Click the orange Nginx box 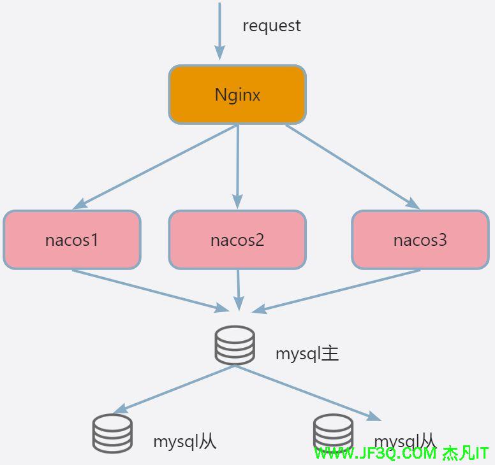coord(237,95)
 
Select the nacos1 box coord(71,240)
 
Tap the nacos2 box coord(237,240)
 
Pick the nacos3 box coord(420,240)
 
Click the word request coord(271,26)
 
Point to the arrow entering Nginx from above coord(219,32)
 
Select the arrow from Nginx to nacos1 coord(156,166)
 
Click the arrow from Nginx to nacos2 coord(237,166)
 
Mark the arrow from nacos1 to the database coord(150,290)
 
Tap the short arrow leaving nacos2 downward coord(239,290)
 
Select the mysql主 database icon coord(235,345)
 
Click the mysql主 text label coord(307,354)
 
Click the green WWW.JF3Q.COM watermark coord(401,454)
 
